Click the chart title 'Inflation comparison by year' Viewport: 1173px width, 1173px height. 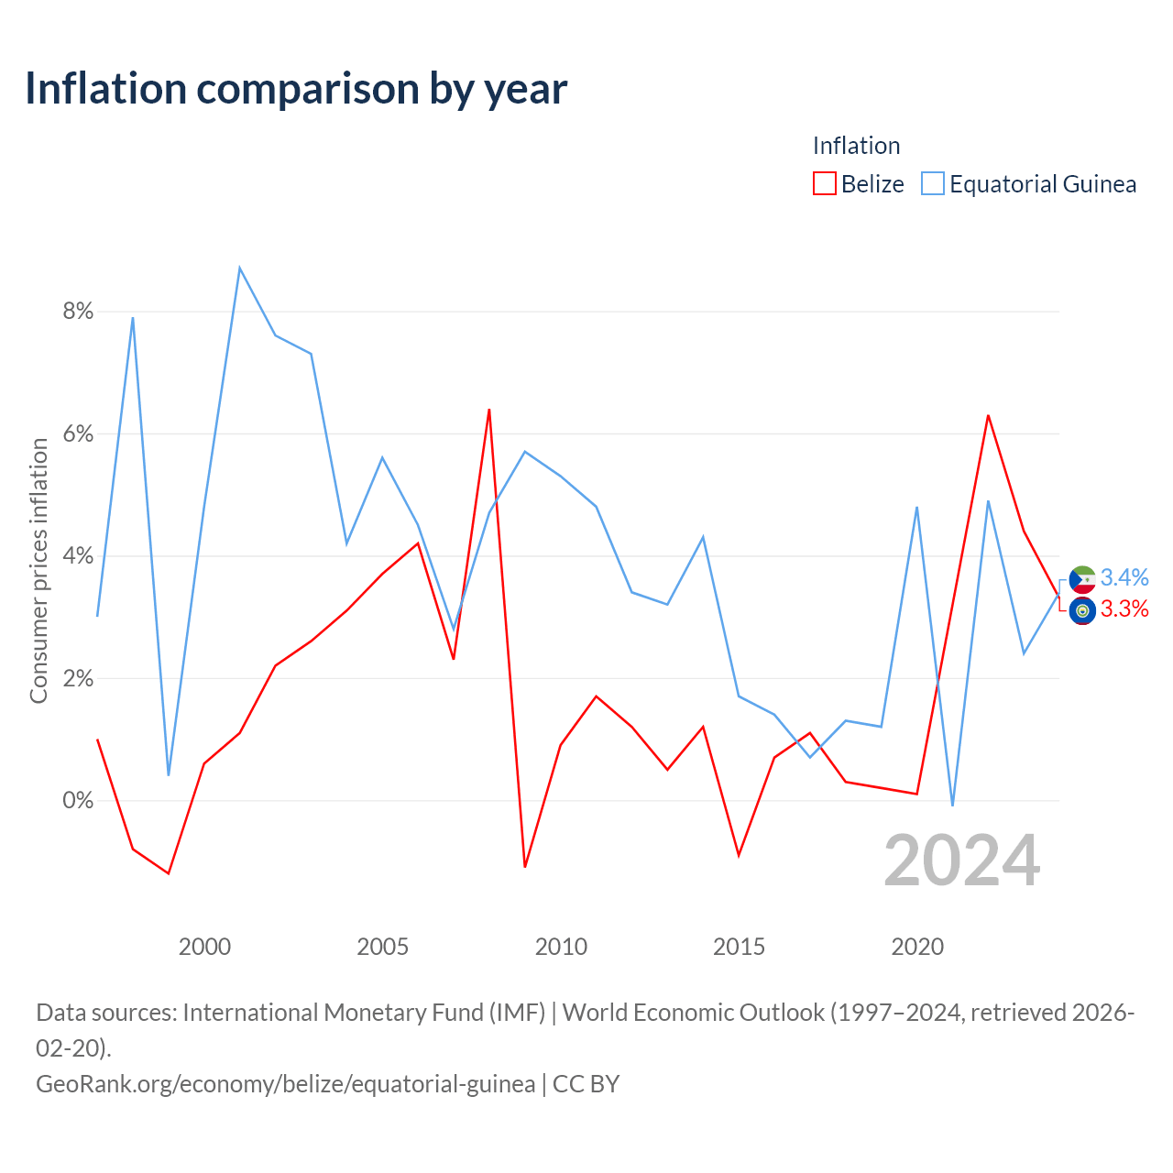point(296,89)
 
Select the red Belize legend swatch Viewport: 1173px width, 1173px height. point(824,183)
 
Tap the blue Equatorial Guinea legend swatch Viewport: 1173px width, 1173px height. point(933,183)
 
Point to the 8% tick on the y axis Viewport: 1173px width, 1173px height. point(78,311)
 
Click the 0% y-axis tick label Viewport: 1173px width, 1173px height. point(78,800)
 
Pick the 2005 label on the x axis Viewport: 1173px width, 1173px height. point(382,947)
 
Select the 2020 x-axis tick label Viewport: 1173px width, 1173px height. point(917,947)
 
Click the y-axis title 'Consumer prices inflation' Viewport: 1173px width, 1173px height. point(39,571)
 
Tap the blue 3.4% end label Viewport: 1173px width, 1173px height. point(1124,577)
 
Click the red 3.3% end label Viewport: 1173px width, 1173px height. point(1124,608)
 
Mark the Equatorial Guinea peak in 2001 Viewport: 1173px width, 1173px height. point(240,268)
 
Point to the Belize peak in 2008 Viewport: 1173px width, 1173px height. point(488,410)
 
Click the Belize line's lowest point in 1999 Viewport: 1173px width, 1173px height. point(169,873)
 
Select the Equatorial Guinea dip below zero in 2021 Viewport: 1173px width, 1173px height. point(953,806)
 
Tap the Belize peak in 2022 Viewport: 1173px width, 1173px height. point(988,416)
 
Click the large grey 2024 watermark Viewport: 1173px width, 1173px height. point(962,861)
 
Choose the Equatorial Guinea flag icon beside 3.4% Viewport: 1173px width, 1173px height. point(1082,579)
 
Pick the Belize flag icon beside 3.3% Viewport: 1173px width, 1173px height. point(1082,610)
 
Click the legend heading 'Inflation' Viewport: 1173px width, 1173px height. point(857,146)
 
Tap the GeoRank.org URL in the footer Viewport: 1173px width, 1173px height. point(286,1084)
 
